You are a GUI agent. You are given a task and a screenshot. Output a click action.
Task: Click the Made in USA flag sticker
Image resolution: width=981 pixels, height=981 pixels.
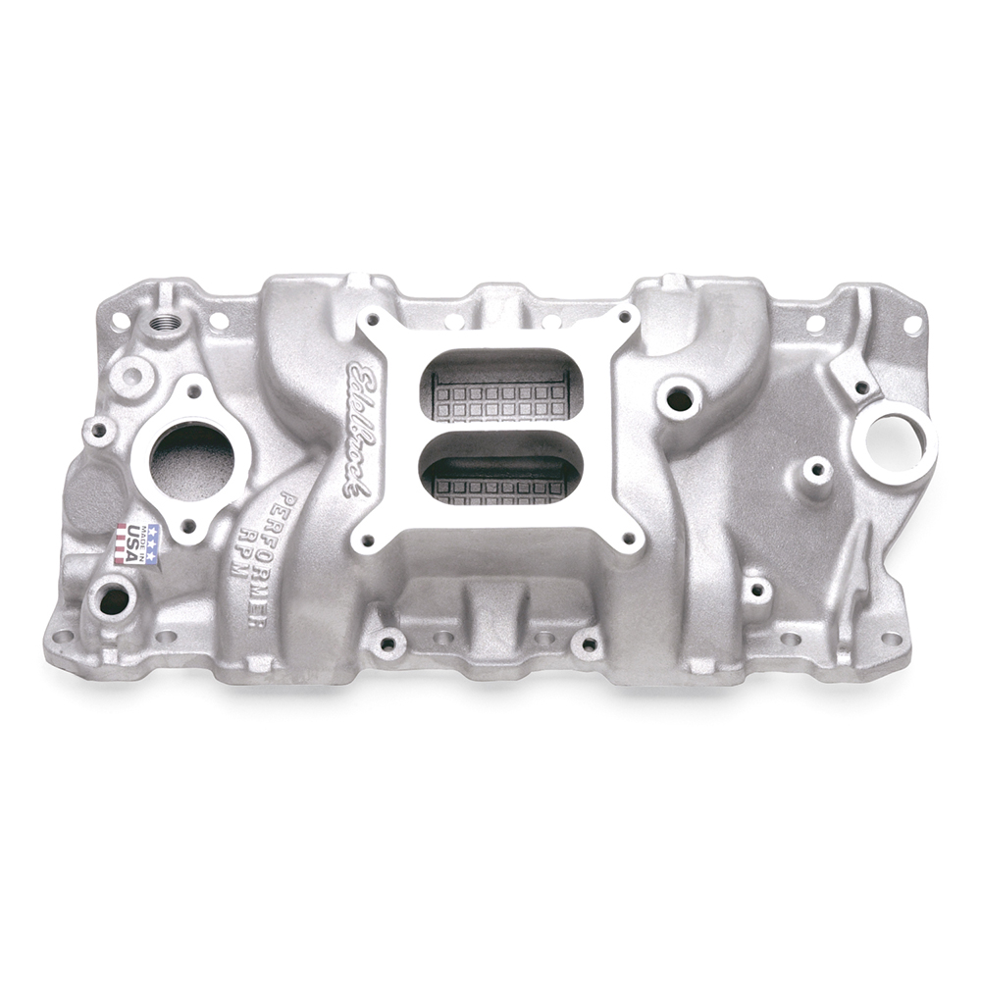coord(135,541)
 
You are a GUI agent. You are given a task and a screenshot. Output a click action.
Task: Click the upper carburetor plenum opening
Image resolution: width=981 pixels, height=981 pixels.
coord(498,385)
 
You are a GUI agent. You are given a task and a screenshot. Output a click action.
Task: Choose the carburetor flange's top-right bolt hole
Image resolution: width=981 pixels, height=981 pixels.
coord(622,316)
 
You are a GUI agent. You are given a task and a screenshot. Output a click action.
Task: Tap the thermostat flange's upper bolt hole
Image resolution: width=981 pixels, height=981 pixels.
coord(194,389)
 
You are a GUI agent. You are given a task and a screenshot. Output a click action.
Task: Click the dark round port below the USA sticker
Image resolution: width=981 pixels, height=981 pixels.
coord(114,599)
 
